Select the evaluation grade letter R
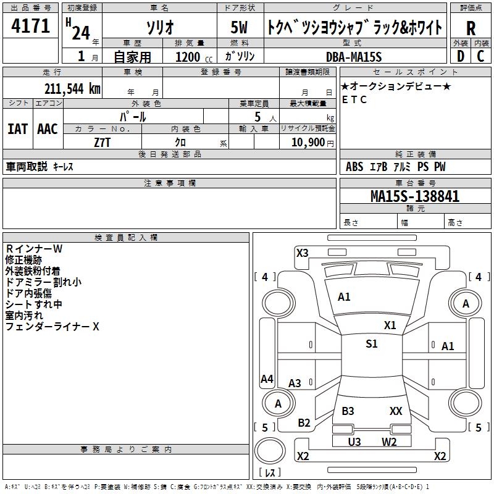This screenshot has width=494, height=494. tap(471, 28)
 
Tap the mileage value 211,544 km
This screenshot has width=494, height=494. tap(72, 88)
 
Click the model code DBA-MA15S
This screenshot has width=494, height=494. tap(354, 57)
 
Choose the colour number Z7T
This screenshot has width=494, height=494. tap(103, 142)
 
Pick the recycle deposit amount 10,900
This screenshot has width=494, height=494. tap(307, 142)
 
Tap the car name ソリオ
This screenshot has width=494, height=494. tap(159, 28)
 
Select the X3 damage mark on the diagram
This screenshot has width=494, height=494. tap(302, 253)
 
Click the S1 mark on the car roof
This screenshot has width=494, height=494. tap(371, 344)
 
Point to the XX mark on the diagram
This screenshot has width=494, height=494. tap(396, 411)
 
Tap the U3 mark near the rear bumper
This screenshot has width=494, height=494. tap(354, 442)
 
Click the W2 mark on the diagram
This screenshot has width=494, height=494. tap(389, 442)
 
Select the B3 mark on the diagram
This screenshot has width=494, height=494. tap(348, 411)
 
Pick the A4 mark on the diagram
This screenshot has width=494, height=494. tap(267, 379)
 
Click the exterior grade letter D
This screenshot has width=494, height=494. tap(460, 57)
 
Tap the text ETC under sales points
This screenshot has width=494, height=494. tap(354, 99)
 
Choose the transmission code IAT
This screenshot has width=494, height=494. tap(17, 129)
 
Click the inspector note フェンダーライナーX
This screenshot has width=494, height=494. tap(52, 327)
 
